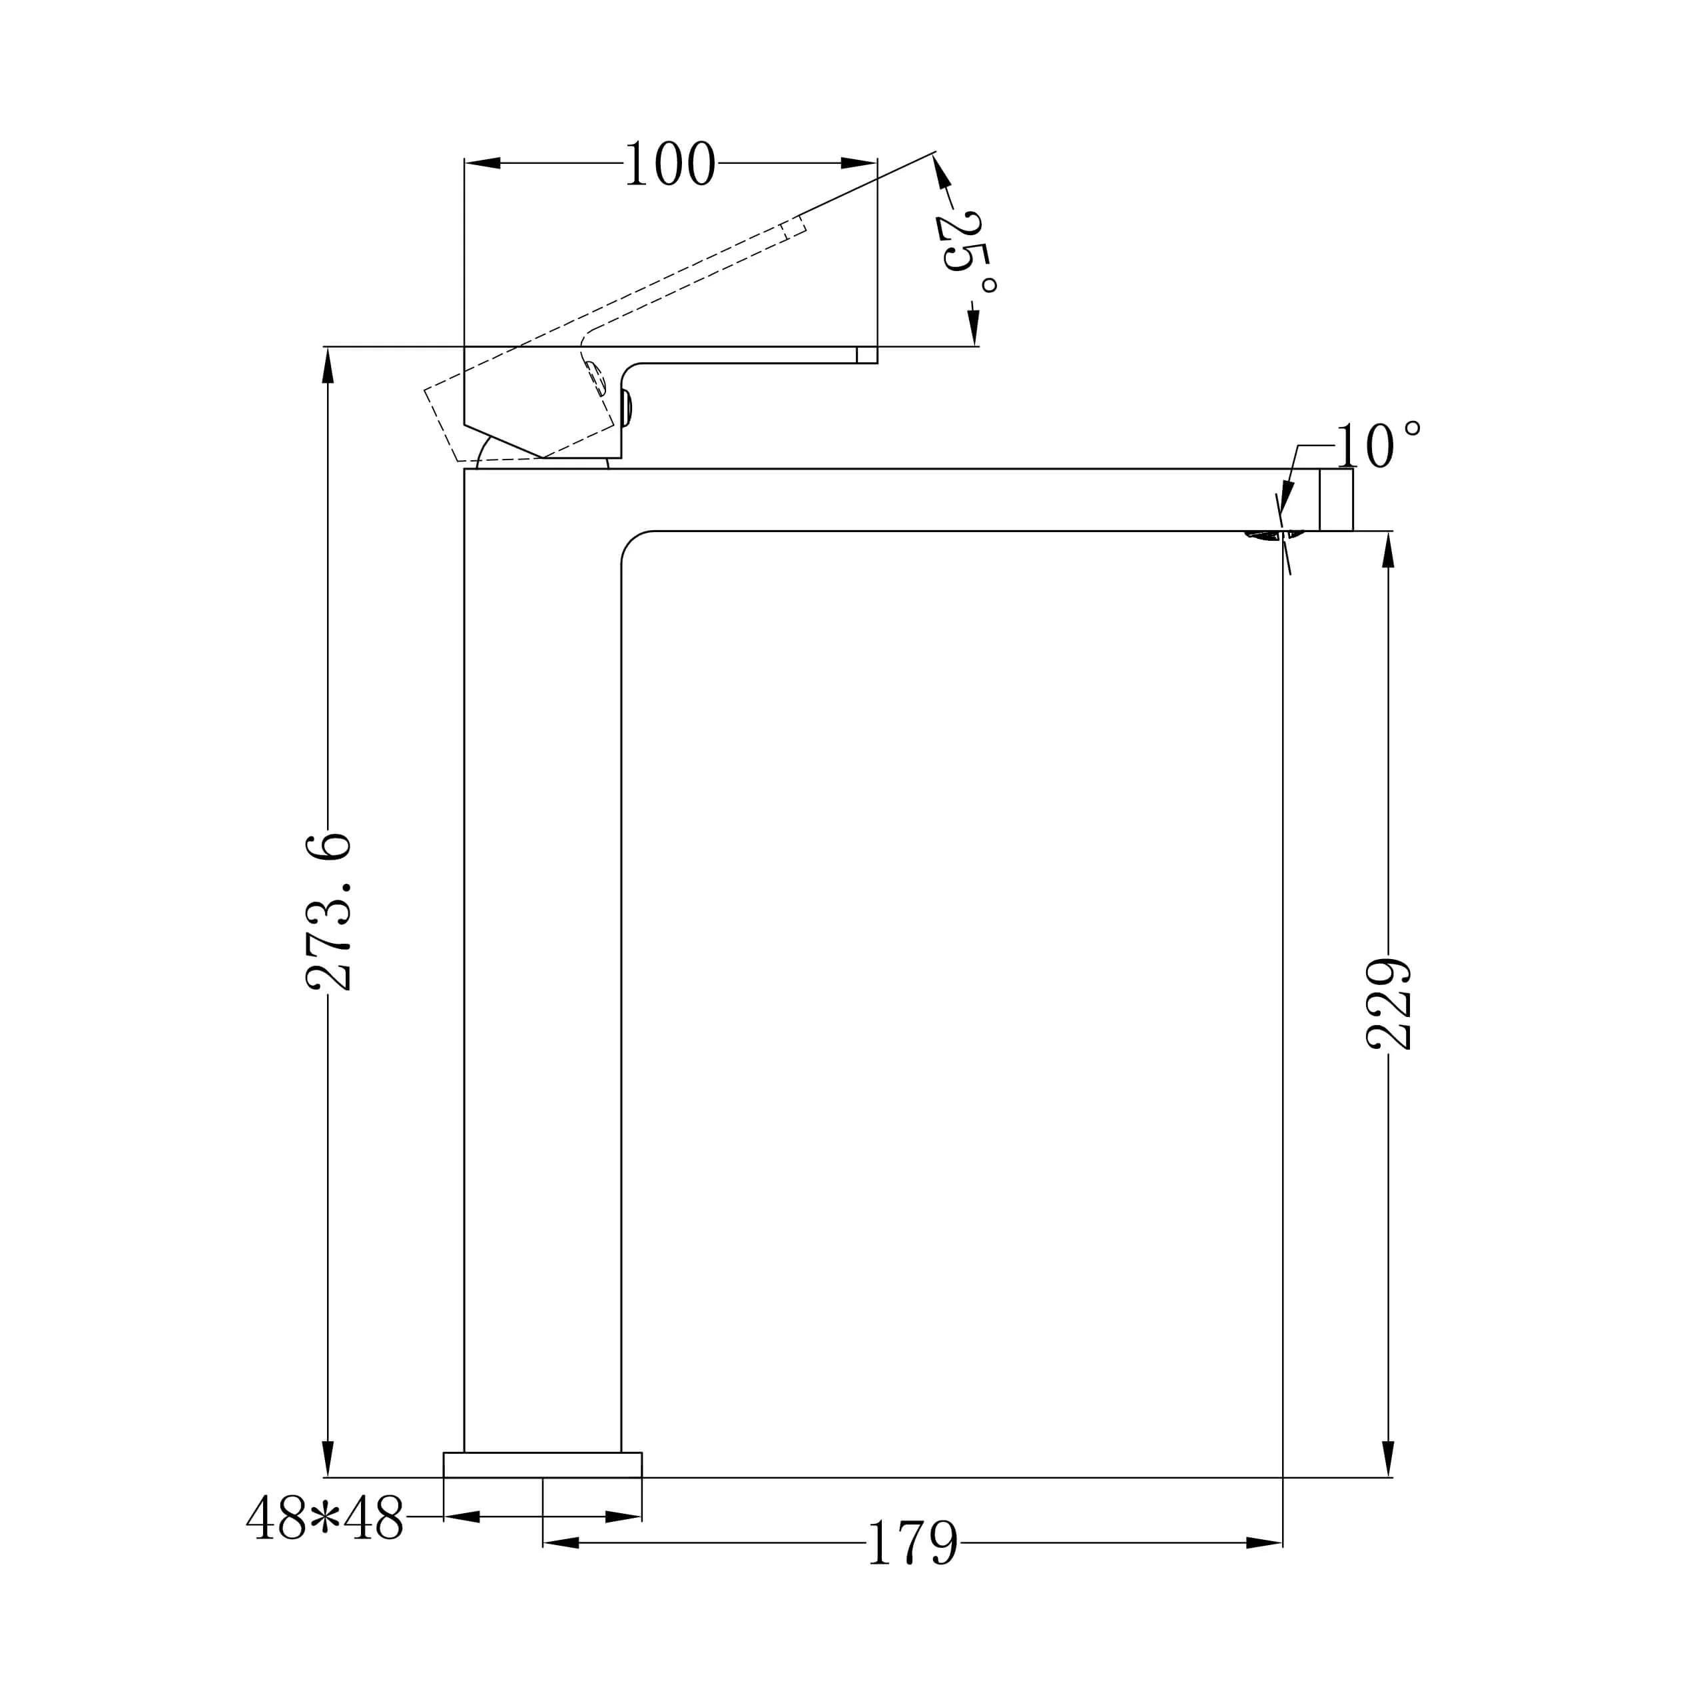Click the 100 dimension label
pyautogui.click(x=670, y=164)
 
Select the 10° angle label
pyautogui.click(x=1377, y=446)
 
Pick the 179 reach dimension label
pyautogui.click(x=912, y=1544)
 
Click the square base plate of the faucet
pyautogui.click(x=543, y=1466)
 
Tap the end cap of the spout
pyautogui.click(x=1336, y=500)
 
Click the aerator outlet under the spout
pyautogui.click(x=1273, y=535)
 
